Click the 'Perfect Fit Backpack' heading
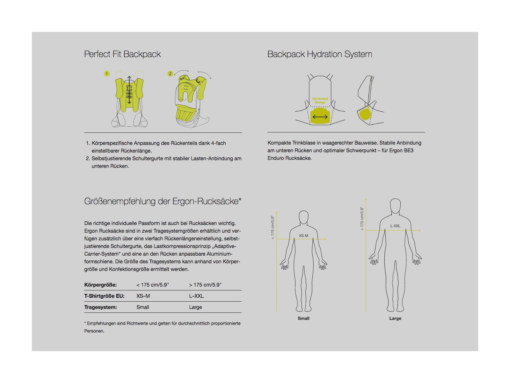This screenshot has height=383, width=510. [122, 54]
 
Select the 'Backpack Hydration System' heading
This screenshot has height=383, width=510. [320, 54]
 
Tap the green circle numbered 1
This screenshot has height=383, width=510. [107, 74]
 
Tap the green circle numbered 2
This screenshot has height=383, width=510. [170, 74]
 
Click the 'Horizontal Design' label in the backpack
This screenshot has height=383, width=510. [320, 101]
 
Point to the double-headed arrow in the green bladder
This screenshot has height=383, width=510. [320, 117]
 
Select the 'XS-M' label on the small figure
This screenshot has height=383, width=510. [303, 236]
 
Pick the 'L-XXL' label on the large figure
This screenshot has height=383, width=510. [395, 226]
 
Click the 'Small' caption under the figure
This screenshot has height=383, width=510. [303, 318]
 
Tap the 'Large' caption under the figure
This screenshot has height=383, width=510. [395, 318]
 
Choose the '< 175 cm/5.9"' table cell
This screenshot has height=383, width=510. [153, 285]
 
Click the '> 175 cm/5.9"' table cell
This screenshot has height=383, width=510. [205, 285]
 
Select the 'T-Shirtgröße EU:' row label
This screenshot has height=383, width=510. [104, 296]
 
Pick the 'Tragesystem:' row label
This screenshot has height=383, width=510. [100, 307]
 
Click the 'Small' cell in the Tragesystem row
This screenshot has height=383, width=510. [143, 307]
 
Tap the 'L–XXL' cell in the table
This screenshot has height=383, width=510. [196, 296]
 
